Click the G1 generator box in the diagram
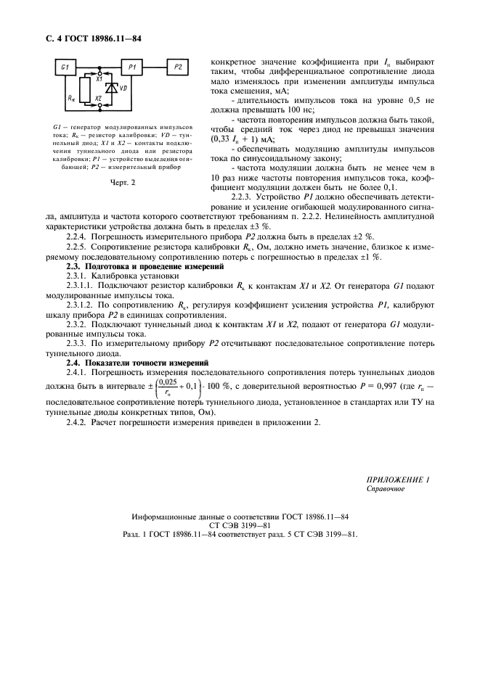coord(65,67)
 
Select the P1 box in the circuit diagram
coord(131,67)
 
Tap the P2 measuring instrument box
coord(179,67)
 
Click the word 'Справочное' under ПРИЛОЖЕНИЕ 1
coord(386,489)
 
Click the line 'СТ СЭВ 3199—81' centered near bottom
coord(240,524)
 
